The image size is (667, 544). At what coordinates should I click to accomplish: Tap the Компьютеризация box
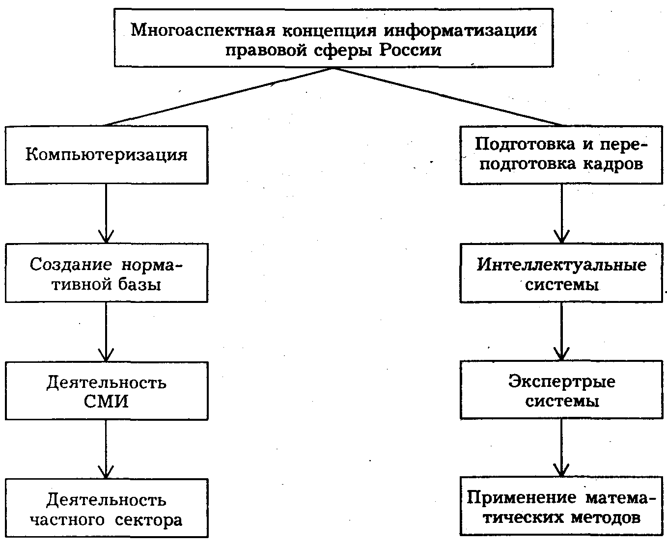tap(106, 155)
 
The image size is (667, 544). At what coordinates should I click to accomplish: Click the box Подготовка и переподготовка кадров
tap(561, 155)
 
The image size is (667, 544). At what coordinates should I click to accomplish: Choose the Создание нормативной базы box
tap(106, 273)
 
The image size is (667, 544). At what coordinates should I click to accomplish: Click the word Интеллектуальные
tap(561, 265)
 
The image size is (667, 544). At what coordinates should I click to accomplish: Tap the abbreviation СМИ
tap(106, 402)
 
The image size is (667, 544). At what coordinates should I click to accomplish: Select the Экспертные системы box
tap(561, 391)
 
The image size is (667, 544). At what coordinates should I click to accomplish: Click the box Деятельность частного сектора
tap(106, 509)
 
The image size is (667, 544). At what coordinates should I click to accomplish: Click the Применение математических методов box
tap(561, 507)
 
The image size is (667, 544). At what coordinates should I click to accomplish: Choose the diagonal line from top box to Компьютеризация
tap(219, 97)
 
